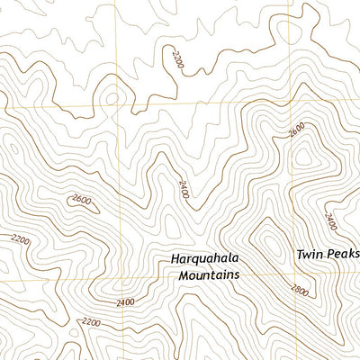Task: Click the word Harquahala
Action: pos(206,258)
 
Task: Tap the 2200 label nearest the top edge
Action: pos(176,61)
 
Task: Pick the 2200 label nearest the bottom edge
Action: pos(91,321)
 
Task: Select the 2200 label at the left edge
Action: pos(19,239)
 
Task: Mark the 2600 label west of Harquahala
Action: pos(81,200)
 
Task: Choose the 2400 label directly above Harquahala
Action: pos(184,189)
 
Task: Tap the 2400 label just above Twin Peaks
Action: pos(330,220)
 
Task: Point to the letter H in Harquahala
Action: pos(175,258)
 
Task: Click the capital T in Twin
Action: pos(301,255)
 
